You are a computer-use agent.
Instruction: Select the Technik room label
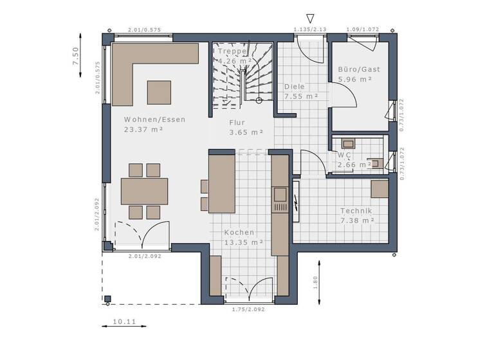click(x=356, y=210)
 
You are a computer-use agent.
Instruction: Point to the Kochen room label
click(x=239, y=232)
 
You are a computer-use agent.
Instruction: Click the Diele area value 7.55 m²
click(x=302, y=96)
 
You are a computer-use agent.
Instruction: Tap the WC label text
click(x=344, y=155)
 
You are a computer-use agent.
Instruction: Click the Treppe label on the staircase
click(x=232, y=51)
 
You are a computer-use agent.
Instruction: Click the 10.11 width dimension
click(x=124, y=321)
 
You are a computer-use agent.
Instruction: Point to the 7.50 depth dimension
click(x=75, y=57)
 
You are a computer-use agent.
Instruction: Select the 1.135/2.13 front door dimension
click(x=310, y=30)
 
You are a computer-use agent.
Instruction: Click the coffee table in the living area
click(x=159, y=92)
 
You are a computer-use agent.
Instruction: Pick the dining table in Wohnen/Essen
click(x=145, y=191)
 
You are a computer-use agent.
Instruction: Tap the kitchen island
click(x=221, y=183)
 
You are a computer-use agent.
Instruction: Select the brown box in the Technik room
click(x=380, y=188)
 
